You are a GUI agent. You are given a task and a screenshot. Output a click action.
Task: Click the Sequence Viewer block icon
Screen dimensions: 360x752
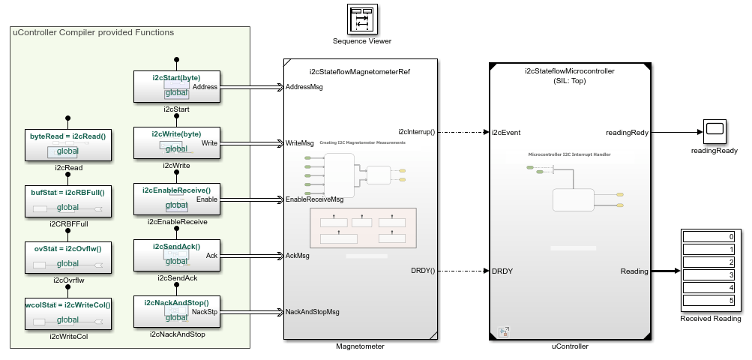click(362, 19)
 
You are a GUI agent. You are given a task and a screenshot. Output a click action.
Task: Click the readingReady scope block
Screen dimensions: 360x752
click(714, 132)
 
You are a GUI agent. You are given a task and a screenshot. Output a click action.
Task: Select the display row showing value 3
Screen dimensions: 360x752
click(709, 275)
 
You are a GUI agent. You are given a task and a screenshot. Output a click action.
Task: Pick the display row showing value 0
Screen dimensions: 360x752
click(709, 236)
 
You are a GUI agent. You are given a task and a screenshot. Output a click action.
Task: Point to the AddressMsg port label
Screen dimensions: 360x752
click(304, 87)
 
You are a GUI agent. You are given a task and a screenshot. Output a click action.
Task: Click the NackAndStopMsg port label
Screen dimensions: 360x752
click(313, 311)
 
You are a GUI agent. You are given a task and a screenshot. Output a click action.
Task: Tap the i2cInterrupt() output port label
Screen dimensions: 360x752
click(416, 132)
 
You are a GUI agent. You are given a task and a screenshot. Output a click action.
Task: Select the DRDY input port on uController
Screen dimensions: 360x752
click(502, 271)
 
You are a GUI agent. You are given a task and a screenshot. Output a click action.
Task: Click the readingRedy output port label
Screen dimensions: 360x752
click(627, 132)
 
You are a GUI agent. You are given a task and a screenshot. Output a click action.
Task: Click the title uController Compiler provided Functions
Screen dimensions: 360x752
click(94, 33)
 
